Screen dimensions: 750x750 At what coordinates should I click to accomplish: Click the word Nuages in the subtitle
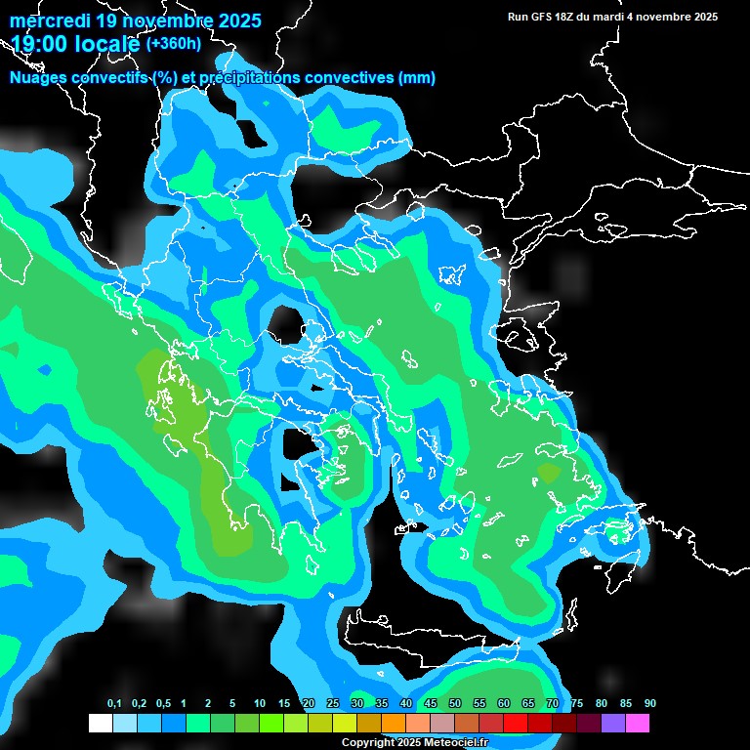pos(40,78)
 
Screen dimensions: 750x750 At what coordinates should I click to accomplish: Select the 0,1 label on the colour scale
pos(114,704)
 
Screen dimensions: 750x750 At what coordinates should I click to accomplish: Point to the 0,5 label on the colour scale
pos(162,704)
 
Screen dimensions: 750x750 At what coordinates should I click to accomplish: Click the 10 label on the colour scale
pos(260,704)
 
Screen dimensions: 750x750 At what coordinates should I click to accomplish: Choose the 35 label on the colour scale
pos(382,704)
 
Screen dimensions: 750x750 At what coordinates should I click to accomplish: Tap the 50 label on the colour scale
pos(455,704)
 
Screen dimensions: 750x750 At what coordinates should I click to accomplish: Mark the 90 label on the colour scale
pos(650,704)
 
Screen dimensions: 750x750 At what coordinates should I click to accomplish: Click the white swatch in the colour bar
pos(101,724)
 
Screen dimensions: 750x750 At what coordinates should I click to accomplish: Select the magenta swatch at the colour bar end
pos(638,724)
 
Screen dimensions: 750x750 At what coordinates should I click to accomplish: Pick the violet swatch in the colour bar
pos(613,724)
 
